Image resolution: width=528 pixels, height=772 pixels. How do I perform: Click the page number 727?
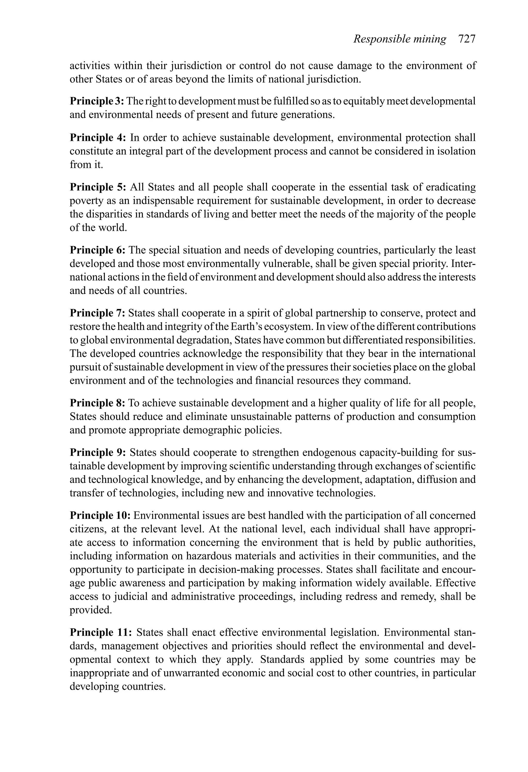click(467, 39)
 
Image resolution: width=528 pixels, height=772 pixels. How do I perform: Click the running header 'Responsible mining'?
click(400, 39)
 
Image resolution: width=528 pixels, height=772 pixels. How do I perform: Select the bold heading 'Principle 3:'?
click(97, 101)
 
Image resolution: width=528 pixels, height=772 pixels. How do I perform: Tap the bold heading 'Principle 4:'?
click(96, 137)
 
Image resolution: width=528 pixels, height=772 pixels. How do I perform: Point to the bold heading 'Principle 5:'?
click(96, 187)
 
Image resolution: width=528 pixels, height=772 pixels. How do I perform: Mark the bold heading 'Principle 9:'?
click(96, 452)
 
